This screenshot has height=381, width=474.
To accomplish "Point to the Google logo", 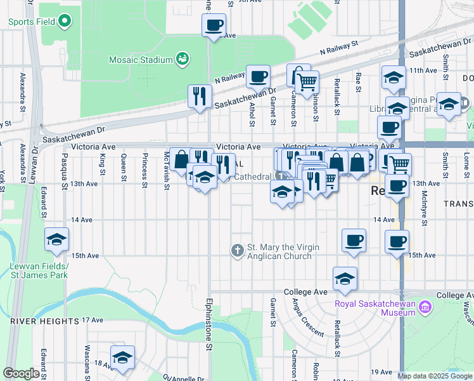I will pos(21,373).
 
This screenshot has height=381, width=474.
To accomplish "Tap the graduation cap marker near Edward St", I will pos(56,239).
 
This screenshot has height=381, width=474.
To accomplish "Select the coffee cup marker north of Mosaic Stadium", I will pos(214,26).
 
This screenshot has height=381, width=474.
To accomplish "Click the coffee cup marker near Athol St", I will pos(258,77).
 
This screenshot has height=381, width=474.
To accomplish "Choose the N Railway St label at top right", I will pos(340,47).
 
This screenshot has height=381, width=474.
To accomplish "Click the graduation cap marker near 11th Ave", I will pos(394,78).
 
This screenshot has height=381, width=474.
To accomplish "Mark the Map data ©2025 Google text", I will pos(435,376).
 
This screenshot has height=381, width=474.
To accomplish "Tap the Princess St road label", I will pos(145,168).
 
